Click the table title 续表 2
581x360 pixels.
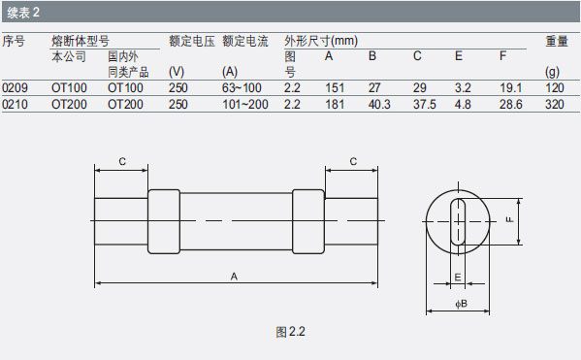tap(23, 13)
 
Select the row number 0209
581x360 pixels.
tap(15, 88)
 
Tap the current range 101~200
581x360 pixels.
tap(245, 104)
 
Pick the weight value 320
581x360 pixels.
tap(554, 104)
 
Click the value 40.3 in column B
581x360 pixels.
tap(379, 104)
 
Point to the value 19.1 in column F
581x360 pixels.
tap(510, 88)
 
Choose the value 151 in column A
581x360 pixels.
tap(335, 88)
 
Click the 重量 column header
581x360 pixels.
tap(557, 41)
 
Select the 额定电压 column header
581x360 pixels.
tap(192, 41)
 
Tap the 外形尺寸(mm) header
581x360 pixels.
tap(321, 41)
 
